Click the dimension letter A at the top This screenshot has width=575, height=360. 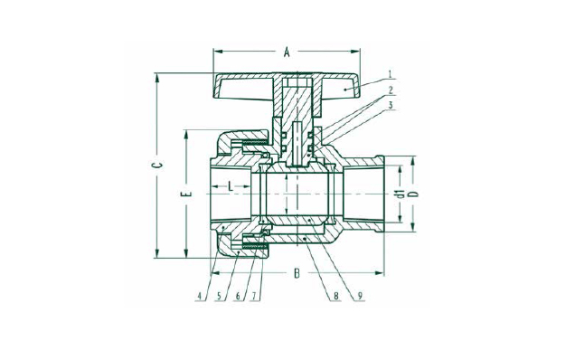[x=287, y=52]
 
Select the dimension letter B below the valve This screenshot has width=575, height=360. [x=297, y=273]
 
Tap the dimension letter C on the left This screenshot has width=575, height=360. [x=157, y=166]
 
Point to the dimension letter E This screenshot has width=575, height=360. [x=186, y=193]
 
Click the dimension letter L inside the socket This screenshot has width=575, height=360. [x=231, y=186]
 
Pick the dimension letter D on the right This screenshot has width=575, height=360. [x=415, y=194]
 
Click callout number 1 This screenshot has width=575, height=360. [x=391, y=73]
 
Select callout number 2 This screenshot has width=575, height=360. [x=391, y=90]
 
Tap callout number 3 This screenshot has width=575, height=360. [x=391, y=105]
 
